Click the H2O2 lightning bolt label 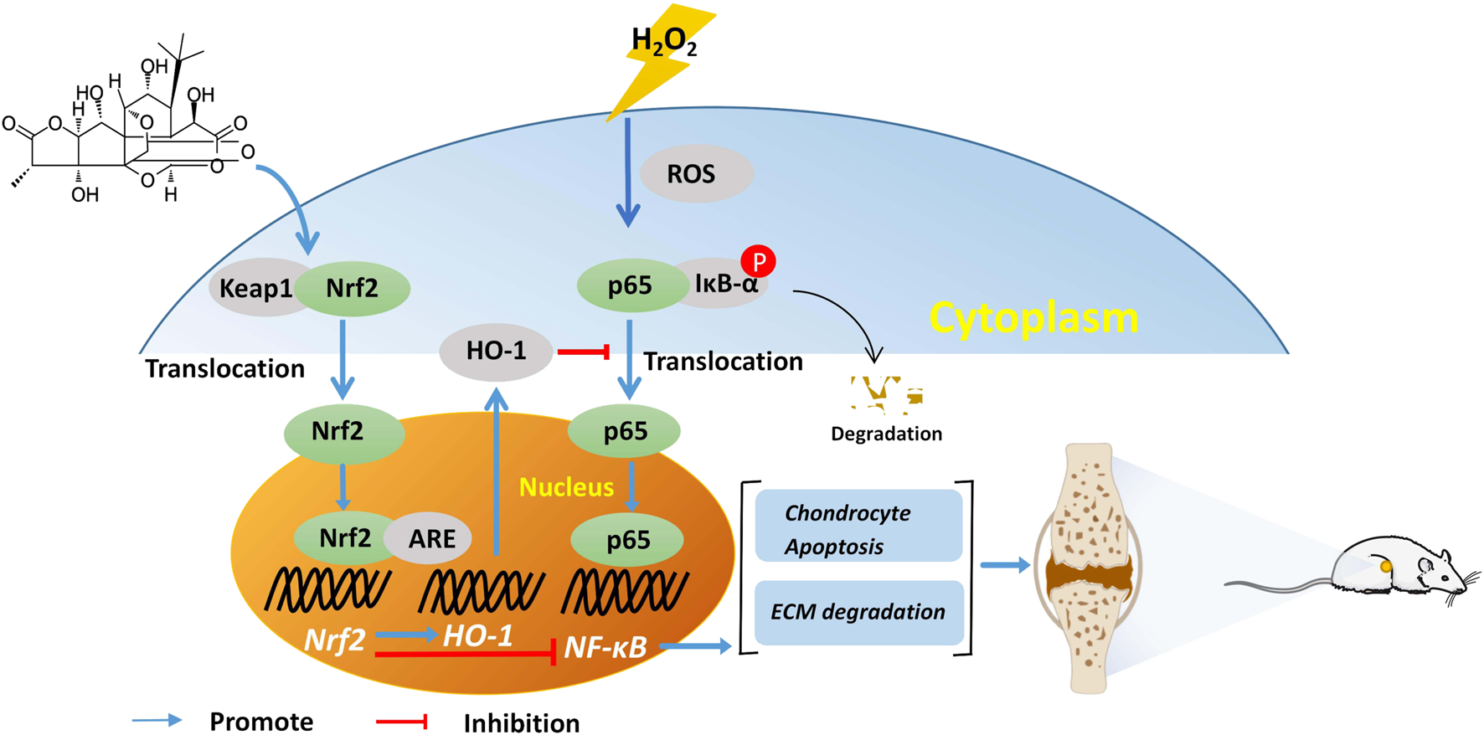(x=663, y=40)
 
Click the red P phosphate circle (x=759, y=262)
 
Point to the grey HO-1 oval (x=496, y=351)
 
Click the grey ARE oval (x=430, y=538)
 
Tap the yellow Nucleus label (x=566, y=487)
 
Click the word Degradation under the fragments (x=886, y=434)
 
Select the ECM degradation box (x=858, y=612)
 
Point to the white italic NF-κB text (x=605, y=647)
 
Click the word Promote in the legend (x=261, y=722)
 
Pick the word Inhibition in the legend (x=521, y=723)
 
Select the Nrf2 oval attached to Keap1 (x=352, y=289)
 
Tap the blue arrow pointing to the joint (x=1004, y=566)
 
